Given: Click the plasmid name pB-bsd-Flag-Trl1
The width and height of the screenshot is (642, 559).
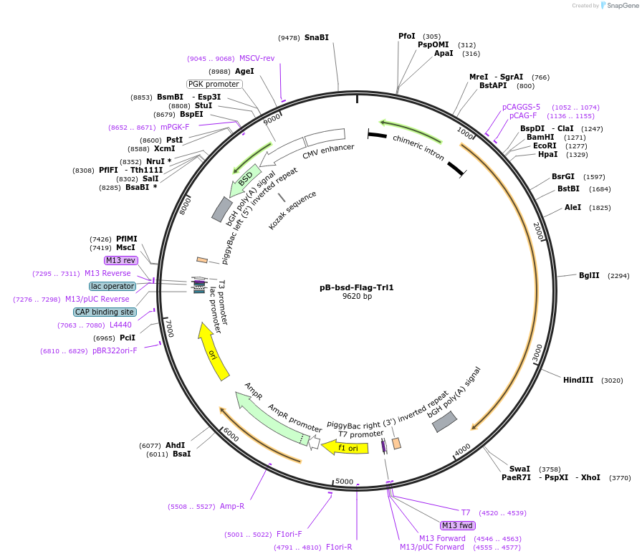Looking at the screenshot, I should tap(357, 287).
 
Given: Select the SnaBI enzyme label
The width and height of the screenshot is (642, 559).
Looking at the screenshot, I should tap(316, 37).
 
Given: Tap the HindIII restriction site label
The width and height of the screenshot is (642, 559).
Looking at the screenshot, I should tap(578, 381).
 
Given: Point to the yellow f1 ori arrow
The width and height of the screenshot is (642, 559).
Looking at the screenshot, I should tap(345, 448).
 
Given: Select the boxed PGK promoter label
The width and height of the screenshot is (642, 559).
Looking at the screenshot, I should tap(214, 84).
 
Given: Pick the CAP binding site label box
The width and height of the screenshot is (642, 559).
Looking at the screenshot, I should tap(105, 312).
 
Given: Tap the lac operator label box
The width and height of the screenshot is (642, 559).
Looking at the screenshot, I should tap(112, 286).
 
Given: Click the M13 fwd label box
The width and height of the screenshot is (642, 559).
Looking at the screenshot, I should tap(458, 525).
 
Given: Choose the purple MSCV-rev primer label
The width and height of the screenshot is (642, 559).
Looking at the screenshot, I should tap(257, 59).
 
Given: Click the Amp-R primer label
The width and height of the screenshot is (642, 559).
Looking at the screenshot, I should tap(231, 506).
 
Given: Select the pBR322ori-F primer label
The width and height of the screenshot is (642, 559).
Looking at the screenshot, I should tap(115, 350).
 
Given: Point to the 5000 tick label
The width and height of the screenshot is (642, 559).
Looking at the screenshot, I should tap(345, 482).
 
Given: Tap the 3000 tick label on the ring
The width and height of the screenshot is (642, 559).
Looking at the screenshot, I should tap(538, 353).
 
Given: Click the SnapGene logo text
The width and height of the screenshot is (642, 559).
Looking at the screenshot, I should tap(621, 6).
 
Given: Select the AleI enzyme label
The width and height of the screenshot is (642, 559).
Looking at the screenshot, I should tap(572, 208).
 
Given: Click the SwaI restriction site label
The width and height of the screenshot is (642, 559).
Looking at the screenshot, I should tap(519, 469).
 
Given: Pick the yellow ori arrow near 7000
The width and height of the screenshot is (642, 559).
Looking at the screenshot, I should tap(214, 351).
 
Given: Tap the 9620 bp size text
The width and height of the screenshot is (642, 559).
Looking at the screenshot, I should tap(357, 297).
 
